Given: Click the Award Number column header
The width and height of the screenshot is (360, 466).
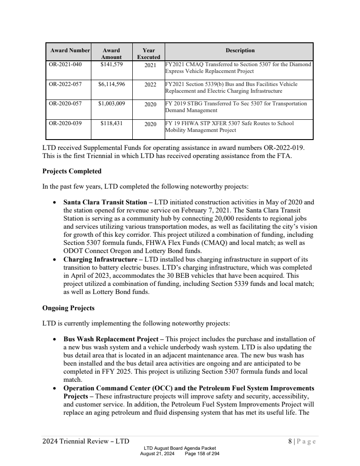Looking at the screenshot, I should pyautogui.click(x=70, y=50).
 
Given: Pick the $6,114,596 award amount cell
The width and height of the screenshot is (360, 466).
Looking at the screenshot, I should pyautogui.click(x=111, y=84).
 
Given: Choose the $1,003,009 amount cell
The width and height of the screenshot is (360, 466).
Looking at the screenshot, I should pyautogui.click(x=111, y=104).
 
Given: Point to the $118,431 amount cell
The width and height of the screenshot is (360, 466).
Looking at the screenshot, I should pyautogui.click(x=111, y=123).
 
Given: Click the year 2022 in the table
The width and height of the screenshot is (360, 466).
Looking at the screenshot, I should pyautogui.click(x=150, y=85).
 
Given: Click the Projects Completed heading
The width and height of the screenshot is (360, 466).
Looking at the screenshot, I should pyautogui.click(x=72, y=171).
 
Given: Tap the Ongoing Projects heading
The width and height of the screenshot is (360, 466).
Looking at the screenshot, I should pyautogui.click(x=68, y=308).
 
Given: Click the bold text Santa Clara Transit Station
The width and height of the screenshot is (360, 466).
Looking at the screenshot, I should pyautogui.click(x=105, y=202).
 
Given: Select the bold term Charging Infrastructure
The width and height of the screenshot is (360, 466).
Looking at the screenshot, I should pyautogui.click(x=100, y=260).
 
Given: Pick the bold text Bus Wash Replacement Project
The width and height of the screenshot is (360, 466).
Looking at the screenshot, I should pyautogui.click(x=110, y=339).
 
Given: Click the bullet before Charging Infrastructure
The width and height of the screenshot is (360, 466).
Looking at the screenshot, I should pyautogui.click(x=54, y=260).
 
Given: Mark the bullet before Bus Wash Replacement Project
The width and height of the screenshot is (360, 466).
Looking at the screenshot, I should pyautogui.click(x=54, y=339).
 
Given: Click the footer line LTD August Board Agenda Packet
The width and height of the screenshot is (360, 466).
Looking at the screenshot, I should pyautogui.click(x=180, y=448).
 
